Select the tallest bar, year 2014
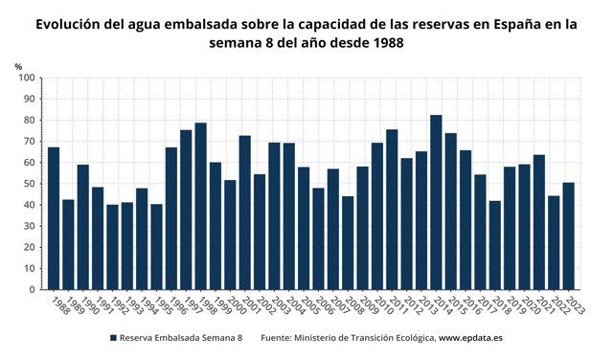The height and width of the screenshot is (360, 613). [x=436, y=202]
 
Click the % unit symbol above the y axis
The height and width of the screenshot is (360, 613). [x=18, y=65]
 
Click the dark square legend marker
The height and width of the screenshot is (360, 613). [x=112, y=338]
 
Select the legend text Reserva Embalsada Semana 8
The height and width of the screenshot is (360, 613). [x=181, y=338]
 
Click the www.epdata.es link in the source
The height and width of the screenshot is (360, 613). [x=470, y=338]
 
